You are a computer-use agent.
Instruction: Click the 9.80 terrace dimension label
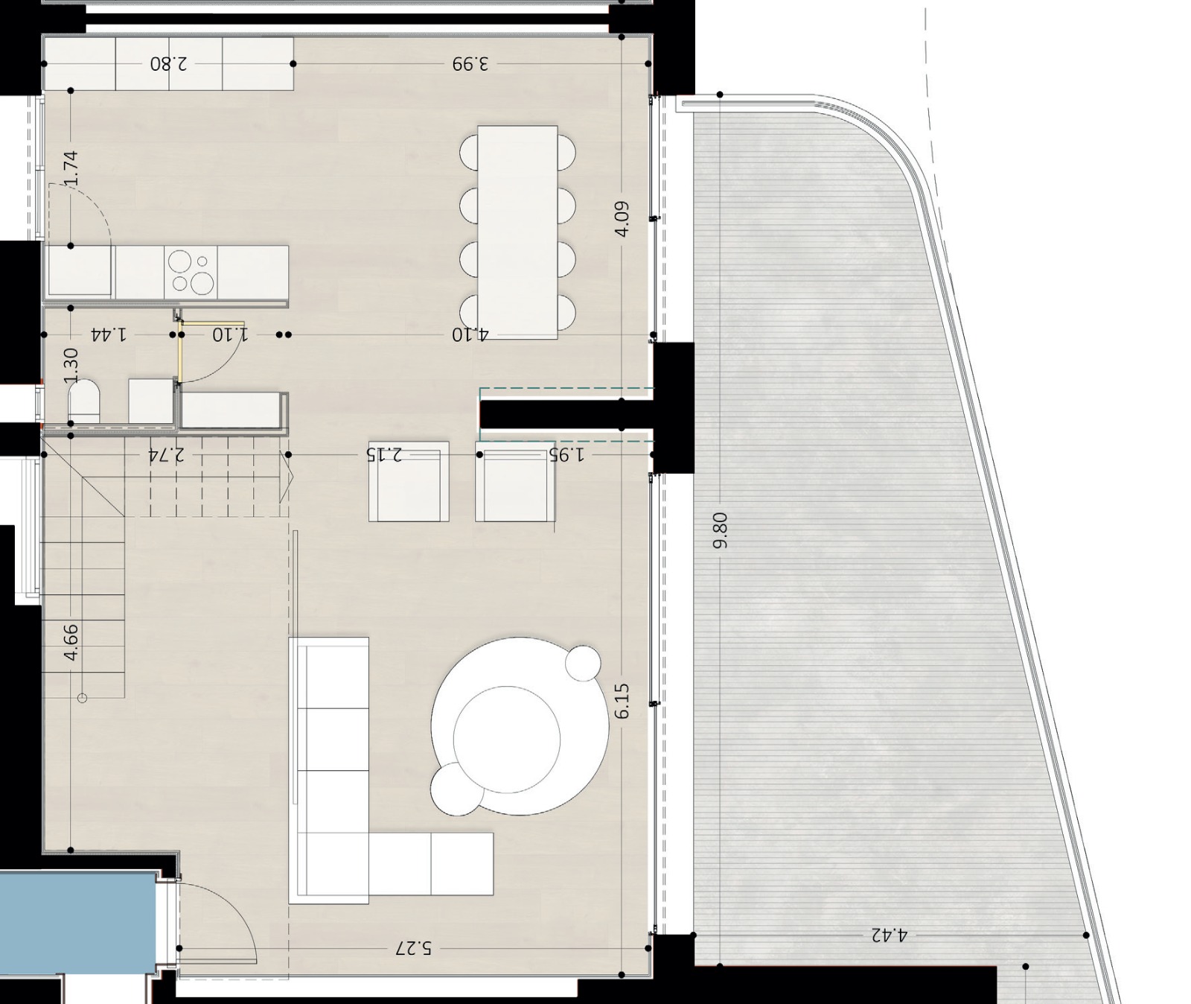(x=720, y=530)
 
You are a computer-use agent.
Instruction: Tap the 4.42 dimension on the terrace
(x=890, y=934)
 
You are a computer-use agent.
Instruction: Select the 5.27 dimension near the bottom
(x=413, y=948)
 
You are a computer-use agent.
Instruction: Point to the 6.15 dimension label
(x=622, y=701)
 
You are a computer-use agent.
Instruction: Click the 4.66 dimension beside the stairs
(x=71, y=642)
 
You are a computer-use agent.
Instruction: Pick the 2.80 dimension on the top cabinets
(x=169, y=63)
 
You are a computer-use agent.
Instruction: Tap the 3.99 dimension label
(x=470, y=63)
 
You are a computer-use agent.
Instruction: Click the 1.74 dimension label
(x=71, y=168)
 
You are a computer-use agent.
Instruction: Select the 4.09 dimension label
(x=622, y=218)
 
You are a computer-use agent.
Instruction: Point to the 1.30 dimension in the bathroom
(x=71, y=365)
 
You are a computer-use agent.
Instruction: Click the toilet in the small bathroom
(x=84, y=401)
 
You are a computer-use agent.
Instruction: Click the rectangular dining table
(x=517, y=232)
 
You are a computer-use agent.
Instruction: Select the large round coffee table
(x=519, y=726)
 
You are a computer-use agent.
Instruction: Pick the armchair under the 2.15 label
(x=409, y=481)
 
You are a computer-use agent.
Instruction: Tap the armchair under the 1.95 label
(x=515, y=481)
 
